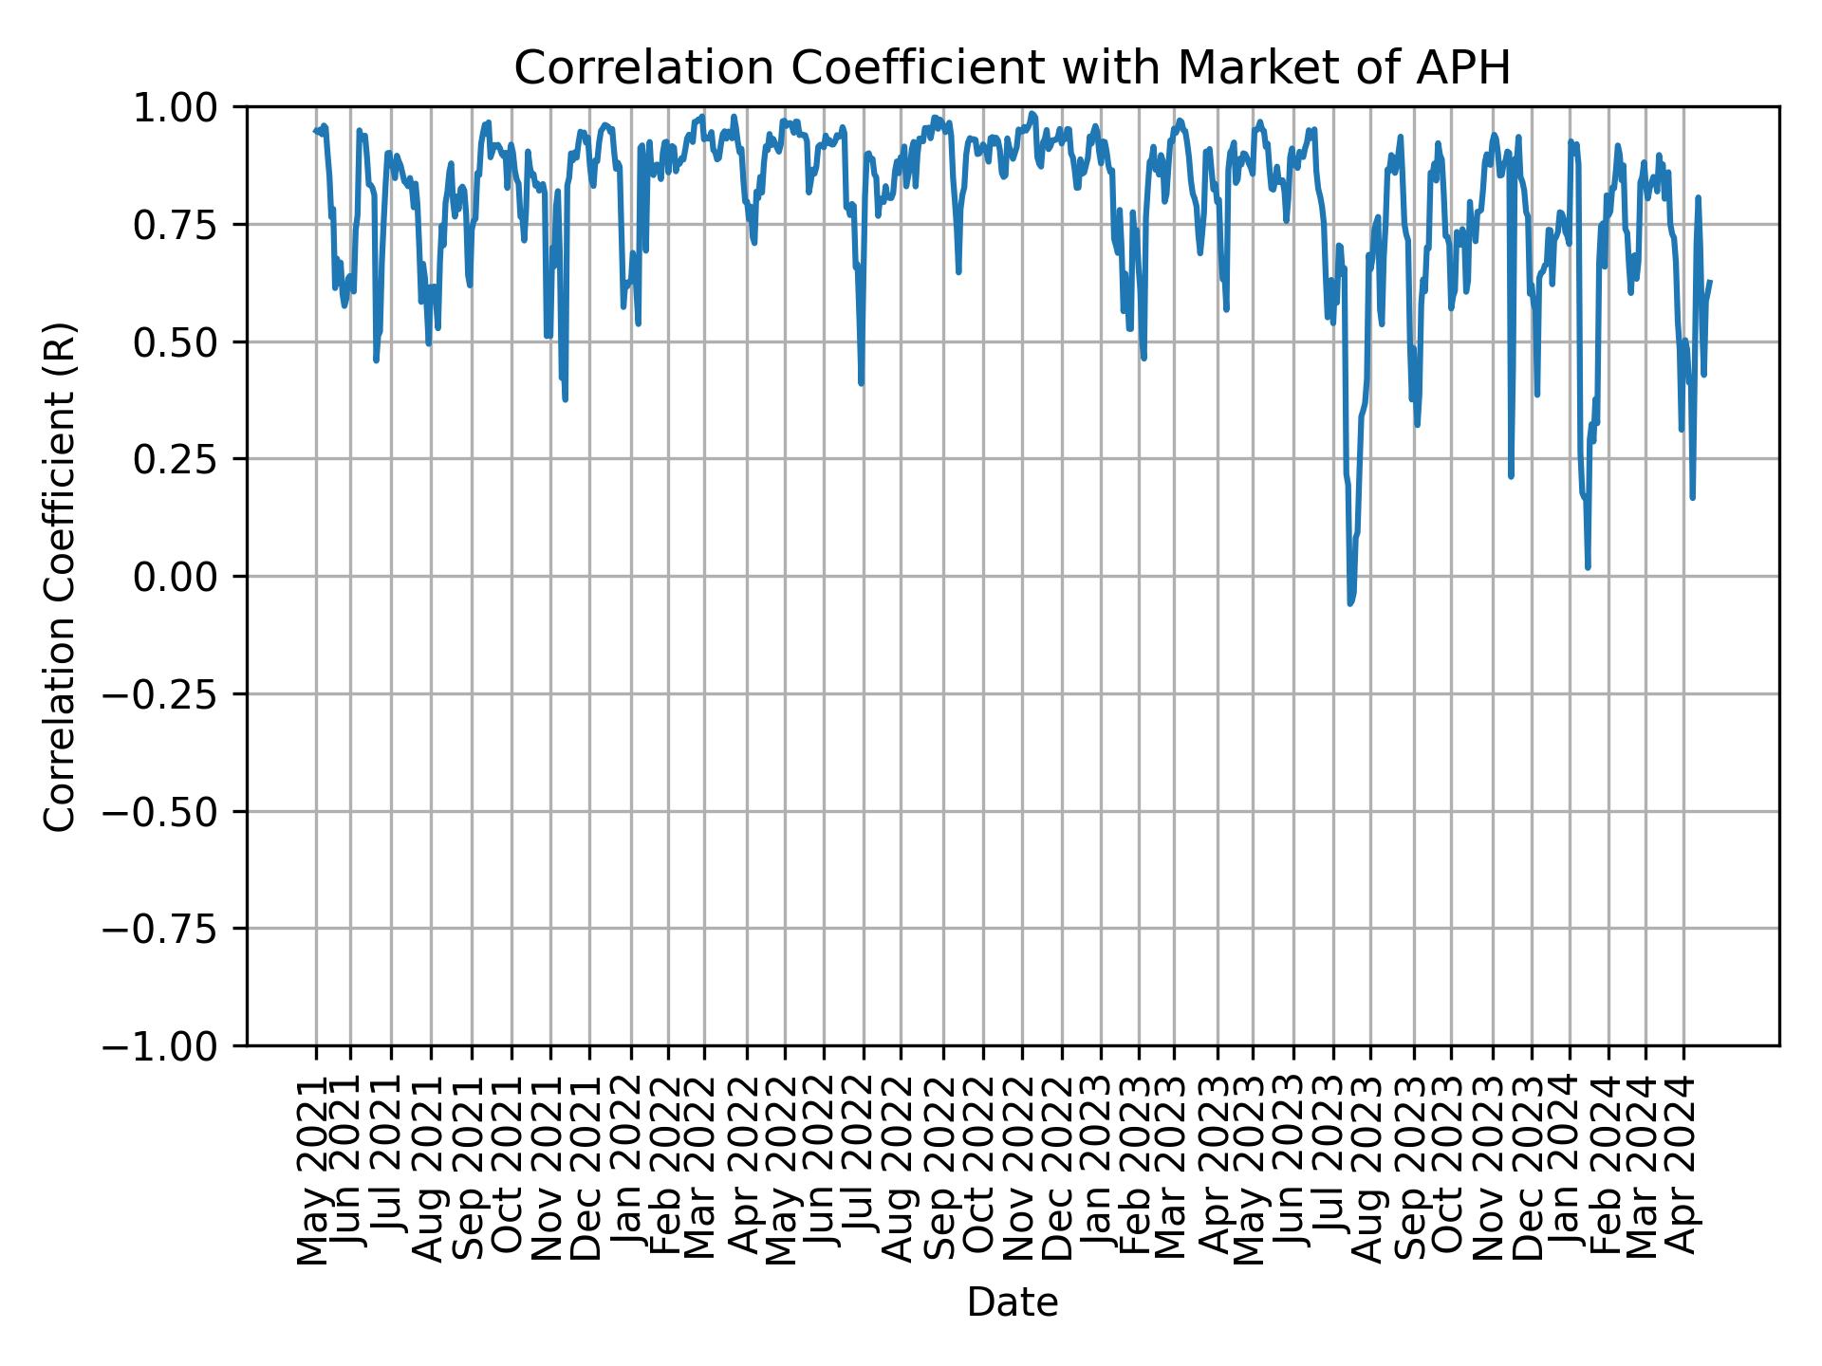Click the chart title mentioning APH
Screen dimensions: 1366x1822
tap(1012, 68)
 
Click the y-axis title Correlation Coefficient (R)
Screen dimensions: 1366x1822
tap(60, 577)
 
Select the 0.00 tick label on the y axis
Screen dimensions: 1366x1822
tap(188, 577)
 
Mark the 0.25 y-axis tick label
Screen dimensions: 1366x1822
tap(188, 459)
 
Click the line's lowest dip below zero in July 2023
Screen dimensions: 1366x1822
tap(1350, 602)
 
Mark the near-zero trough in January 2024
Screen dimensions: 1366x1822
tap(1588, 566)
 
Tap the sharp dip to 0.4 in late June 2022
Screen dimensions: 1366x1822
tap(861, 382)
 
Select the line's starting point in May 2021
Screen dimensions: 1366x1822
tap(316, 131)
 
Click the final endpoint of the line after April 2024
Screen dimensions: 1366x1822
tap(1709, 282)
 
